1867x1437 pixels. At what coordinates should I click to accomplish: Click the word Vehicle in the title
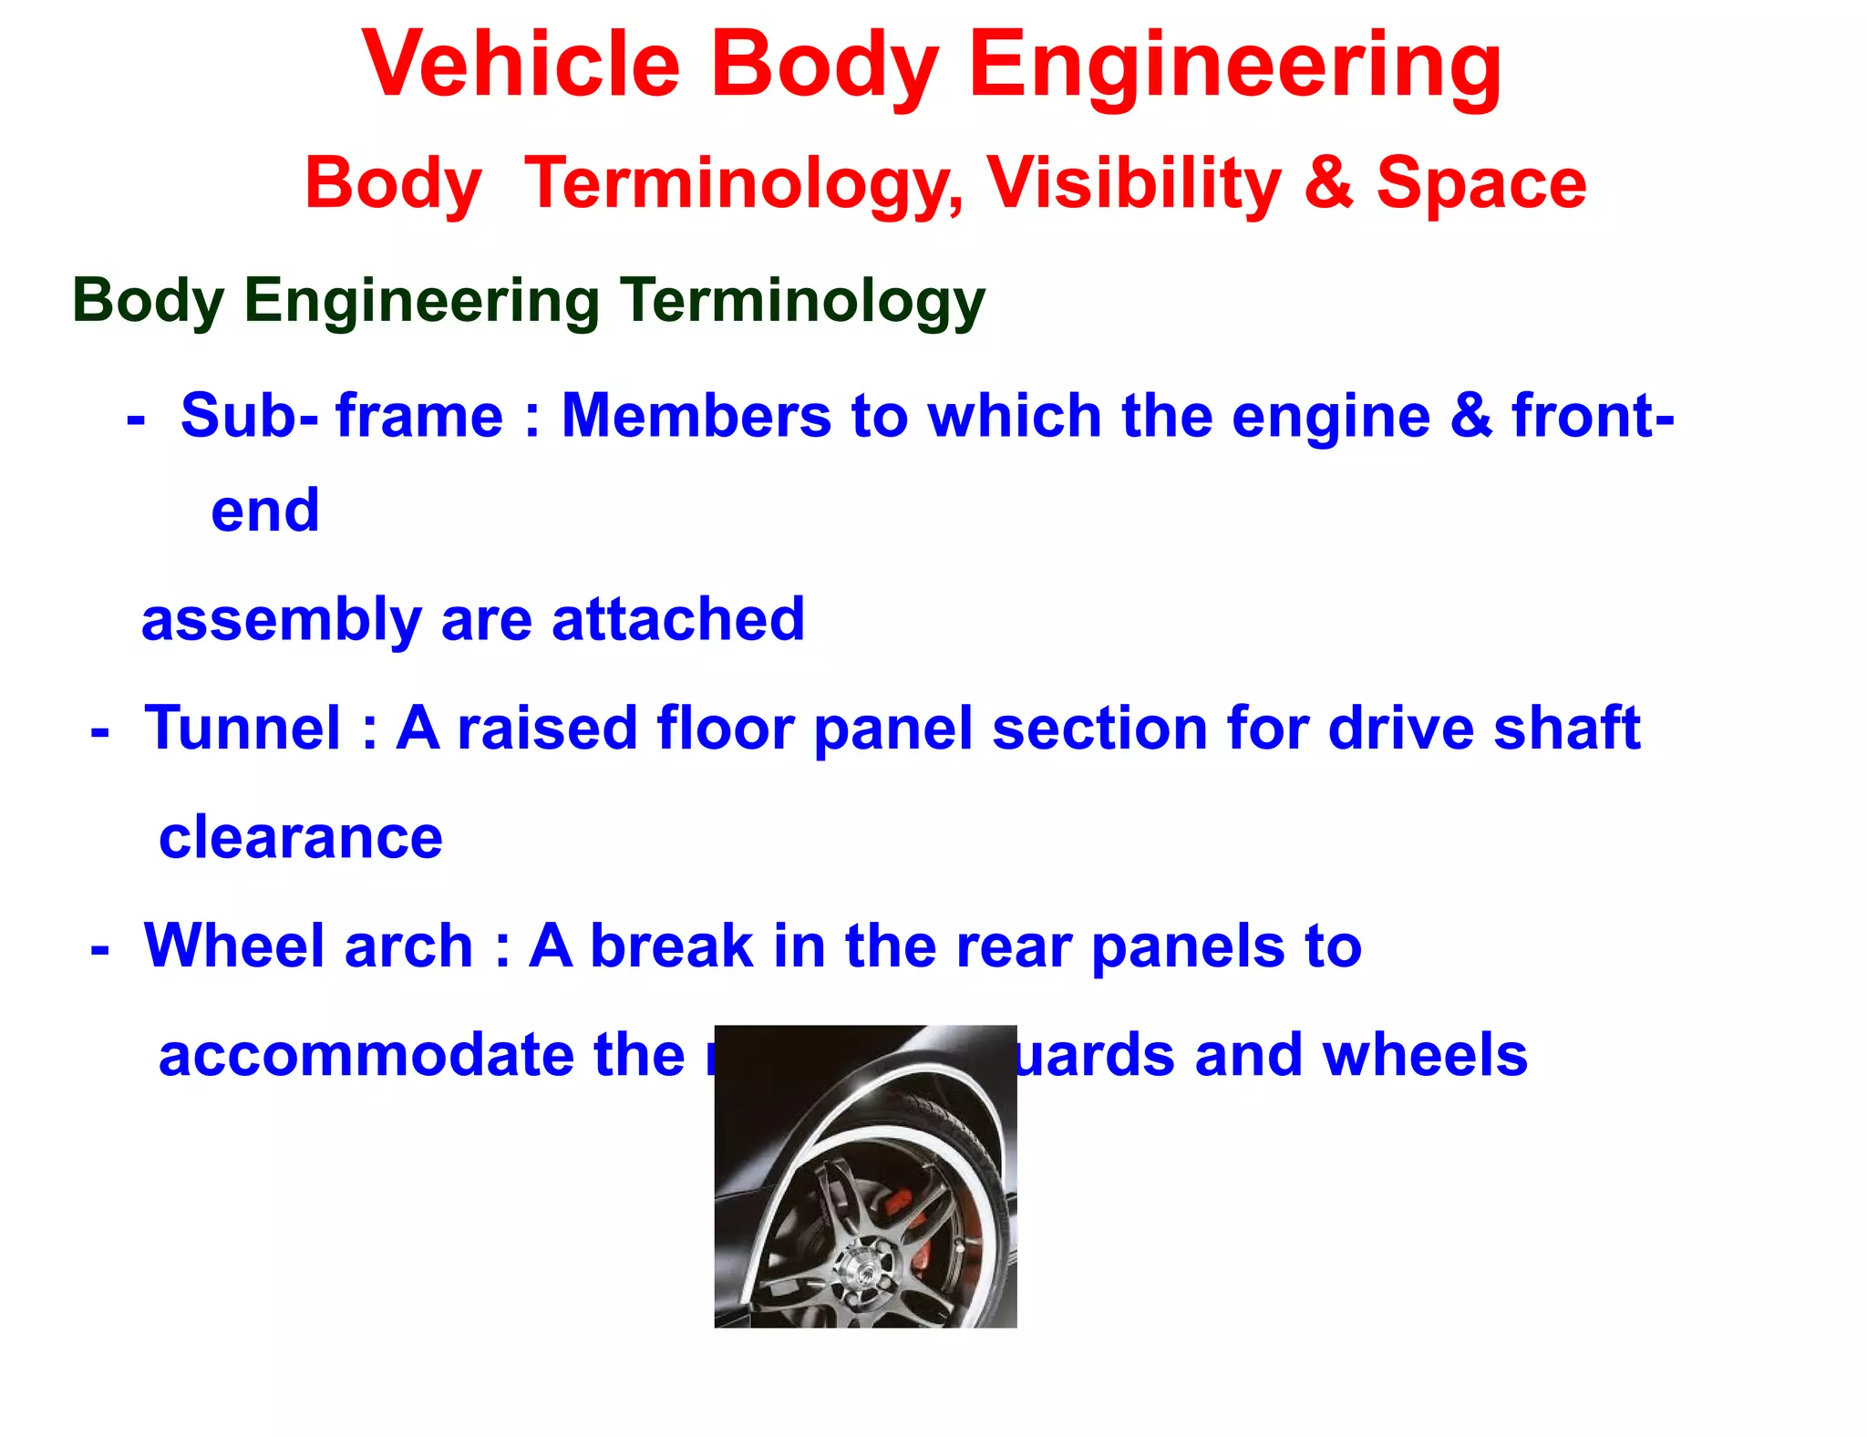coord(521,66)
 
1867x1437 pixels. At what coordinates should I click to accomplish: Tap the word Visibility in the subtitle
coord(1134,184)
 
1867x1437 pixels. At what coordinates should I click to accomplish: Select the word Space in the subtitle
coord(1480,184)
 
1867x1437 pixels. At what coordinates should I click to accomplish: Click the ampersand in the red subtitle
coord(1328,184)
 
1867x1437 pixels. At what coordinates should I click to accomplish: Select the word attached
coord(678,620)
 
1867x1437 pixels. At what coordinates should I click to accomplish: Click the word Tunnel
coord(243,729)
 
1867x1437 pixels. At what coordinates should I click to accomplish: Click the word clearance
coord(301,839)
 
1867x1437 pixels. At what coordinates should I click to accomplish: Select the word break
coord(672,946)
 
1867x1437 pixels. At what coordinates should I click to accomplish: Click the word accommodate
coord(366,1056)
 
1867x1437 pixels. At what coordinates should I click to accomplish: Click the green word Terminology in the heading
coord(802,301)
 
